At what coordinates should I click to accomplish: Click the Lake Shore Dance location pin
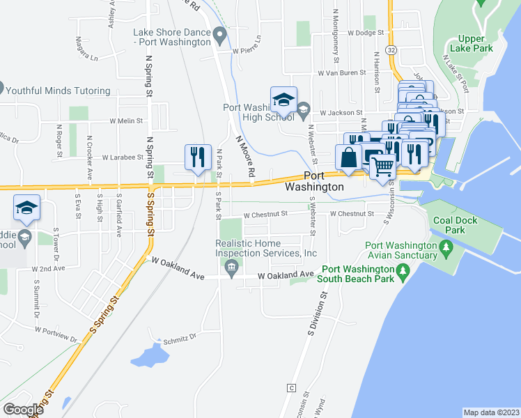pyautogui.click(x=220, y=33)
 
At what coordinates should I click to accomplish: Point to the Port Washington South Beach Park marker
pyautogui.click(x=402, y=270)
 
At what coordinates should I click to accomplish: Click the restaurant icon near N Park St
pyautogui.click(x=198, y=157)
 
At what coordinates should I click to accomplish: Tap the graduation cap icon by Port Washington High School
pyautogui.click(x=283, y=100)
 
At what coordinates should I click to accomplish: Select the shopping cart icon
pyautogui.click(x=382, y=167)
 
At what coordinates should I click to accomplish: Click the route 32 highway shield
pyautogui.click(x=392, y=50)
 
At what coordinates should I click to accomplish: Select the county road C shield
pyautogui.click(x=291, y=387)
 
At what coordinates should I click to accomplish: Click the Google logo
pyautogui.click(x=23, y=410)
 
